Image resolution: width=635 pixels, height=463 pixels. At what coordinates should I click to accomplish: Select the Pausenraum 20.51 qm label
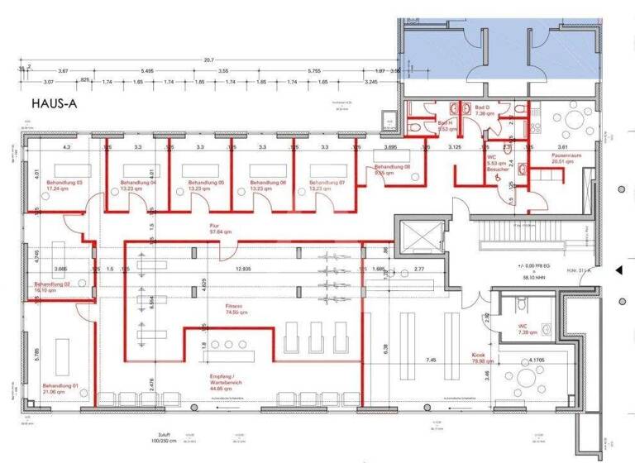click(569, 158)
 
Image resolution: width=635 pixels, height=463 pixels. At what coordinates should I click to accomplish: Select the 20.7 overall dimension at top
click(209, 60)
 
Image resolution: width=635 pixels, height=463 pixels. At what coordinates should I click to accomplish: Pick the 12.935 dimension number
click(242, 270)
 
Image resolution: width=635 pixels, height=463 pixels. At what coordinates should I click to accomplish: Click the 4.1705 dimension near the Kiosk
click(528, 361)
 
